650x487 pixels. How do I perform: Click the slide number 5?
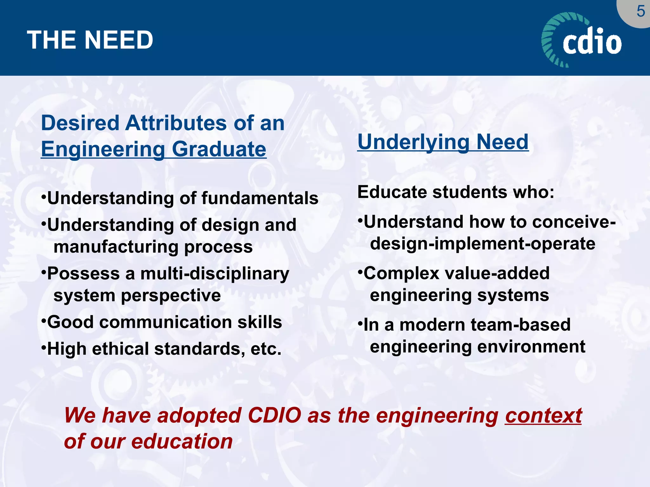(x=640, y=12)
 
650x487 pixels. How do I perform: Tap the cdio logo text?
(x=592, y=42)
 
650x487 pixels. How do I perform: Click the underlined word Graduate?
(x=219, y=149)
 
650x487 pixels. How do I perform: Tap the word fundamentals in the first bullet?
(x=260, y=198)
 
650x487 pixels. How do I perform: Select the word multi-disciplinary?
(x=215, y=274)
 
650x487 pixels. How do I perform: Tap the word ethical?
(x=120, y=349)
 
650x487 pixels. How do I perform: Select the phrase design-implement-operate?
(x=482, y=244)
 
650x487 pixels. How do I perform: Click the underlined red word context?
(x=543, y=416)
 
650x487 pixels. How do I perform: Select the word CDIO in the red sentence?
(x=274, y=416)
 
